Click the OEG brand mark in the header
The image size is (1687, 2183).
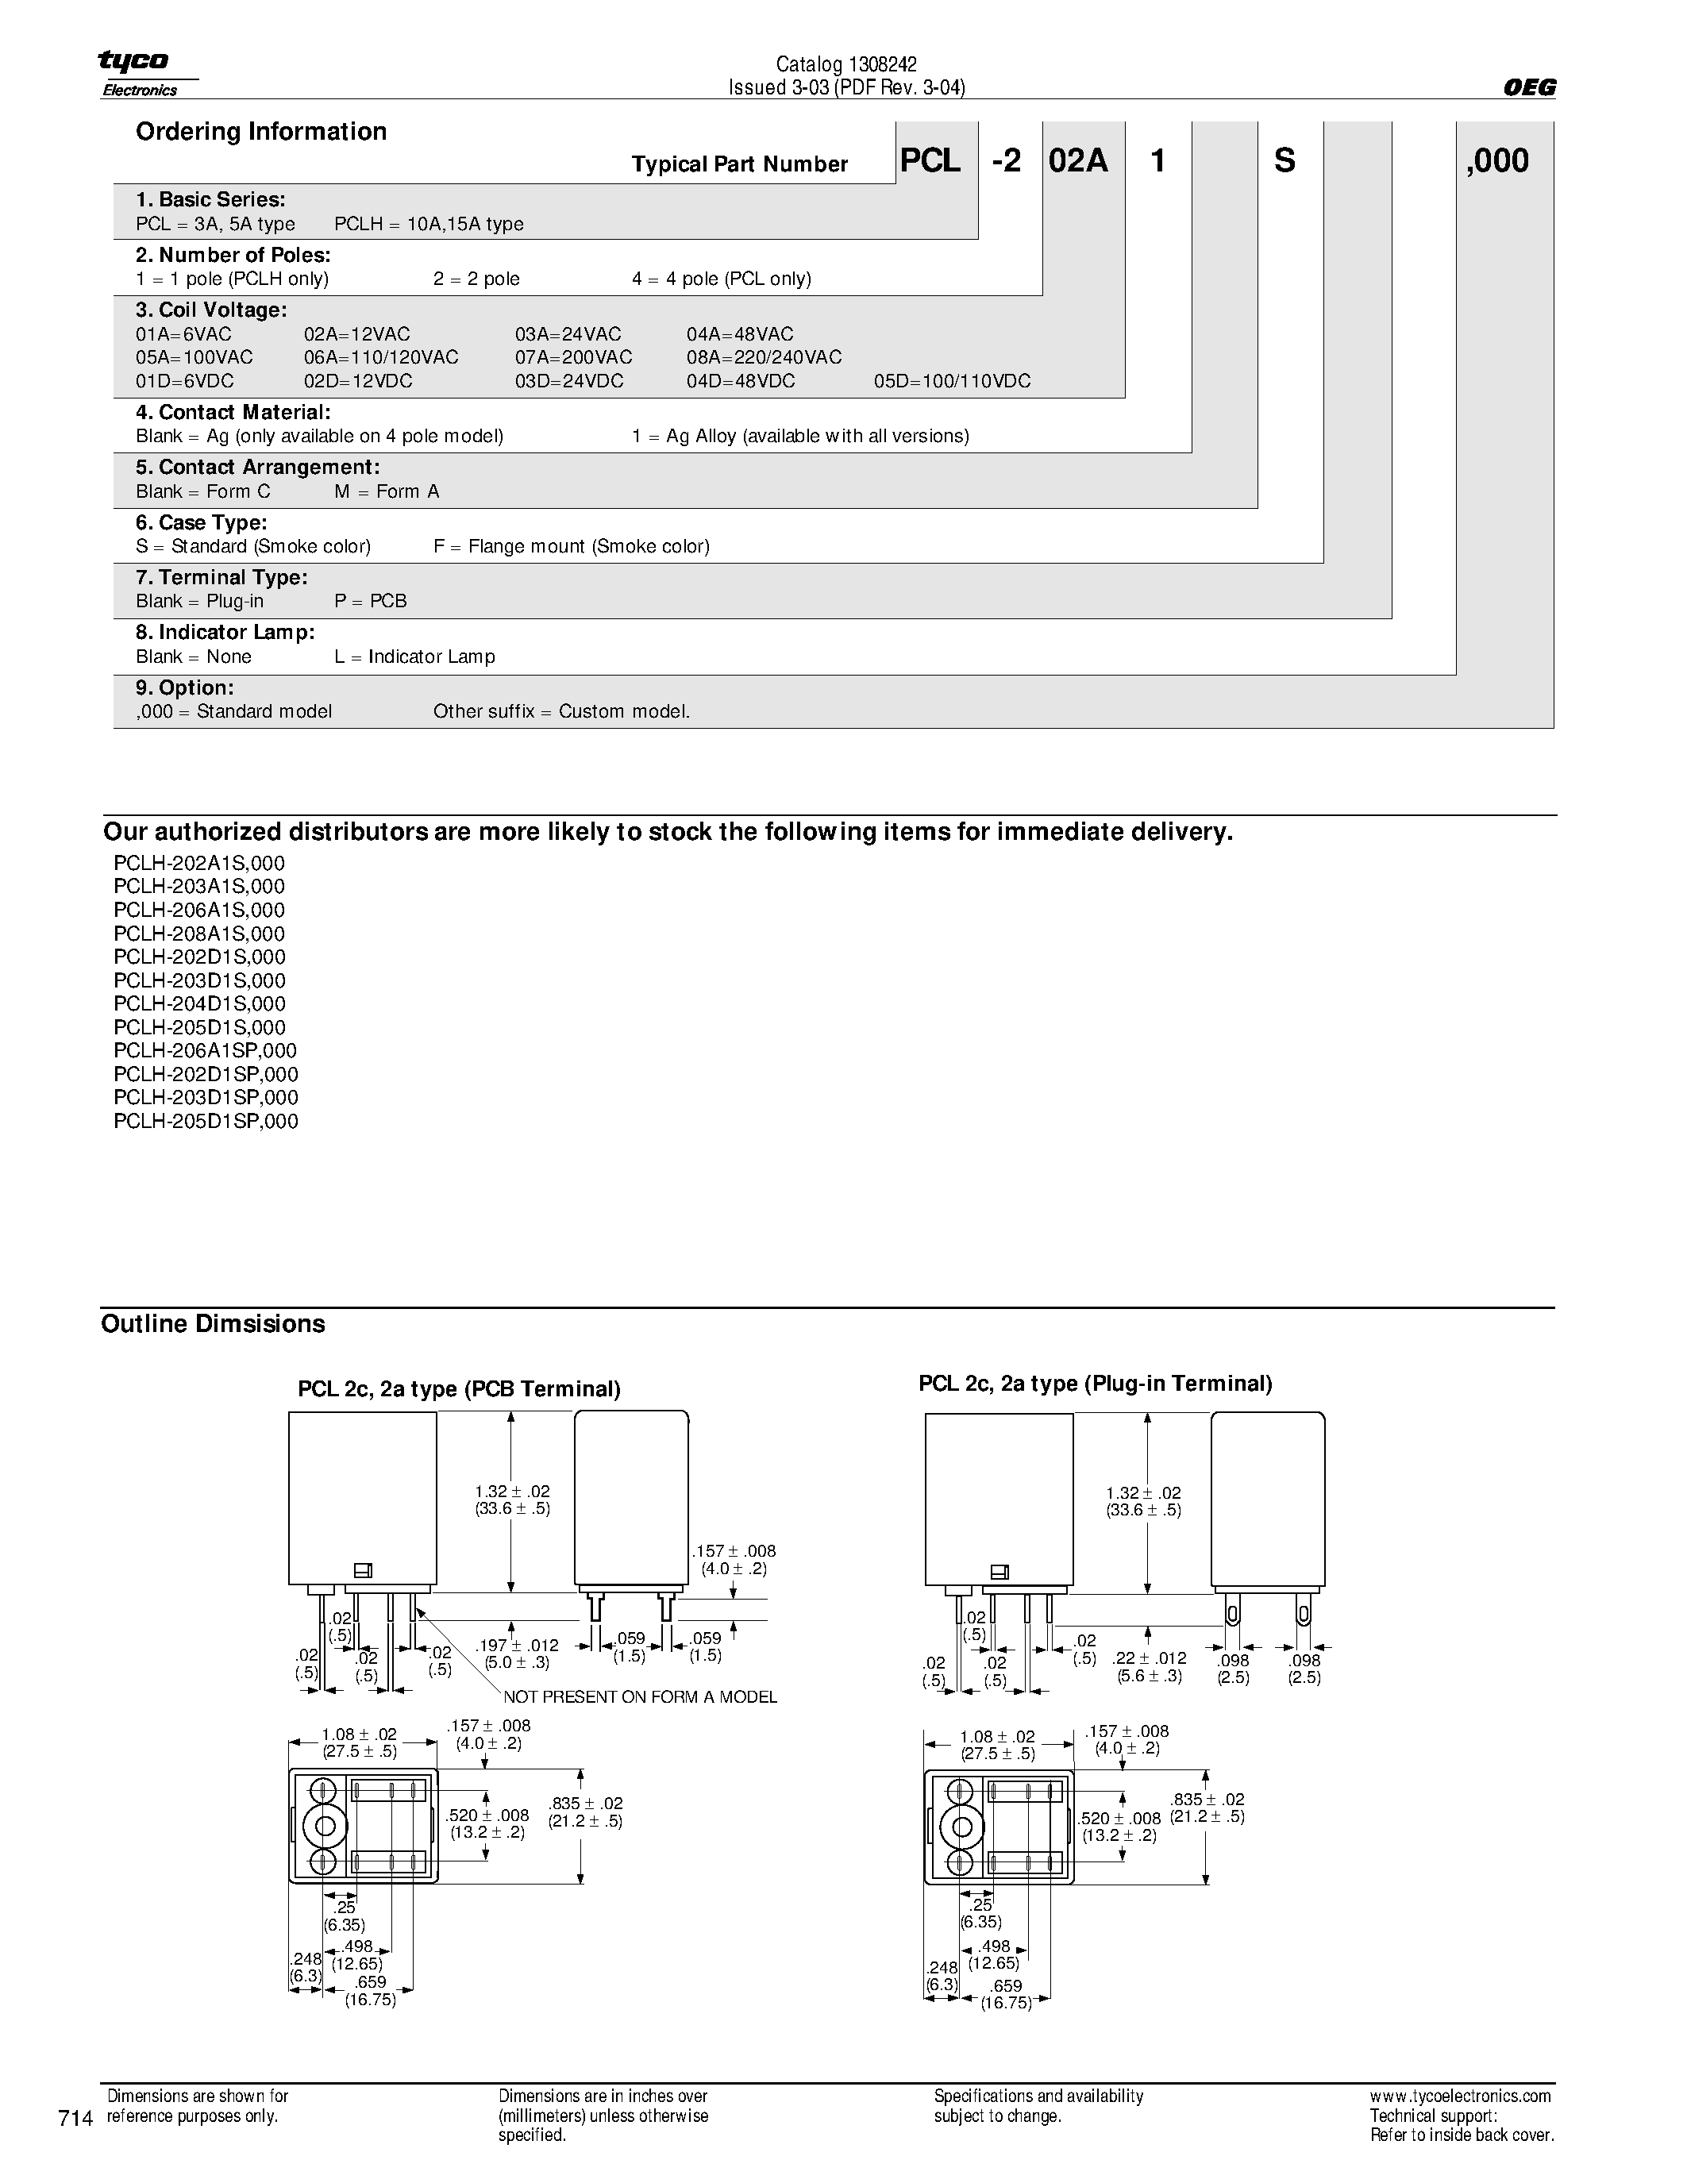pos(1529,88)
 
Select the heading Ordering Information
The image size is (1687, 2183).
pos(261,132)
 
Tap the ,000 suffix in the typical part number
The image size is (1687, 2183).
pos(1497,161)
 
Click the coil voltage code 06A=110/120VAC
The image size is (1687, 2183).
pos(381,358)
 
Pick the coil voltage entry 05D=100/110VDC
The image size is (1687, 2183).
pos(951,382)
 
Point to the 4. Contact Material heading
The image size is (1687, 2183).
pos(233,413)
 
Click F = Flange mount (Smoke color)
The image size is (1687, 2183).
pos(571,547)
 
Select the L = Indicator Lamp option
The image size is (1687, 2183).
pos(414,656)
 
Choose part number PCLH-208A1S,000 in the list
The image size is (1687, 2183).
pos(199,934)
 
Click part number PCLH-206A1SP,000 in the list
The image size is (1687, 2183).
pos(205,1050)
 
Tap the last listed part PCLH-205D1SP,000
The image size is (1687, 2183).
pos(205,1122)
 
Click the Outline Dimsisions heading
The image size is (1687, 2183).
pos(213,1324)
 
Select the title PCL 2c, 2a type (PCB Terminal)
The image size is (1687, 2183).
pos(459,1389)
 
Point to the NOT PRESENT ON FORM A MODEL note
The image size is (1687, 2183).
pos(640,1697)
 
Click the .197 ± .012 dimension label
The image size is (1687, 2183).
pos(517,1646)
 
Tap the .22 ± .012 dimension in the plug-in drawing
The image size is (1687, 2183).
pos(1150,1658)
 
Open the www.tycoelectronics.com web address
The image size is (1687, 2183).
pos(1460,2096)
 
